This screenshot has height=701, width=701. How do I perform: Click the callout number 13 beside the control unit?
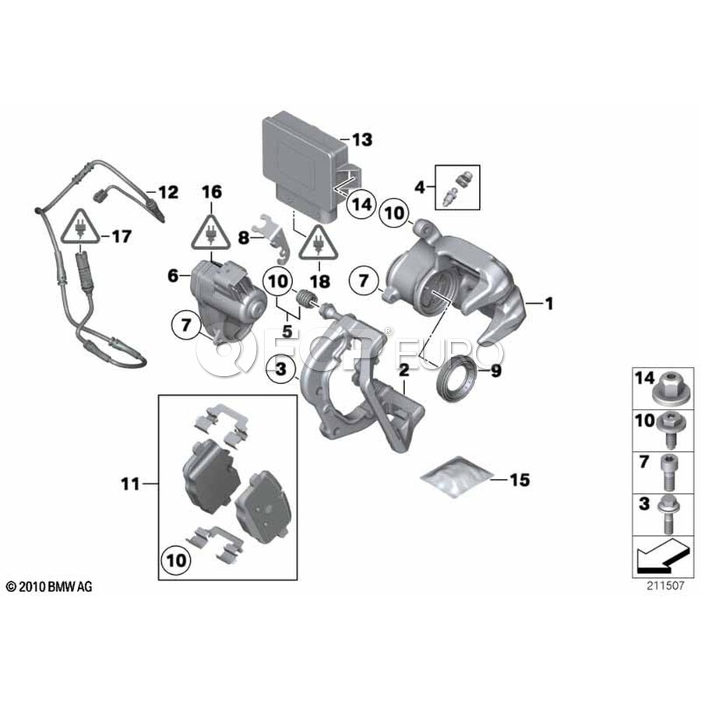click(x=361, y=140)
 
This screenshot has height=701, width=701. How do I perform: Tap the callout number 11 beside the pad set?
click(x=130, y=484)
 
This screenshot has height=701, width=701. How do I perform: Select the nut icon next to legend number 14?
click(x=668, y=386)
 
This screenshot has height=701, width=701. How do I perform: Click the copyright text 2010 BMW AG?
click(x=48, y=587)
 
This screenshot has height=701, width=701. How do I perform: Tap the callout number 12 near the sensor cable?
click(x=167, y=192)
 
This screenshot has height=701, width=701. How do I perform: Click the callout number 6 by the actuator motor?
click(x=173, y=275)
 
